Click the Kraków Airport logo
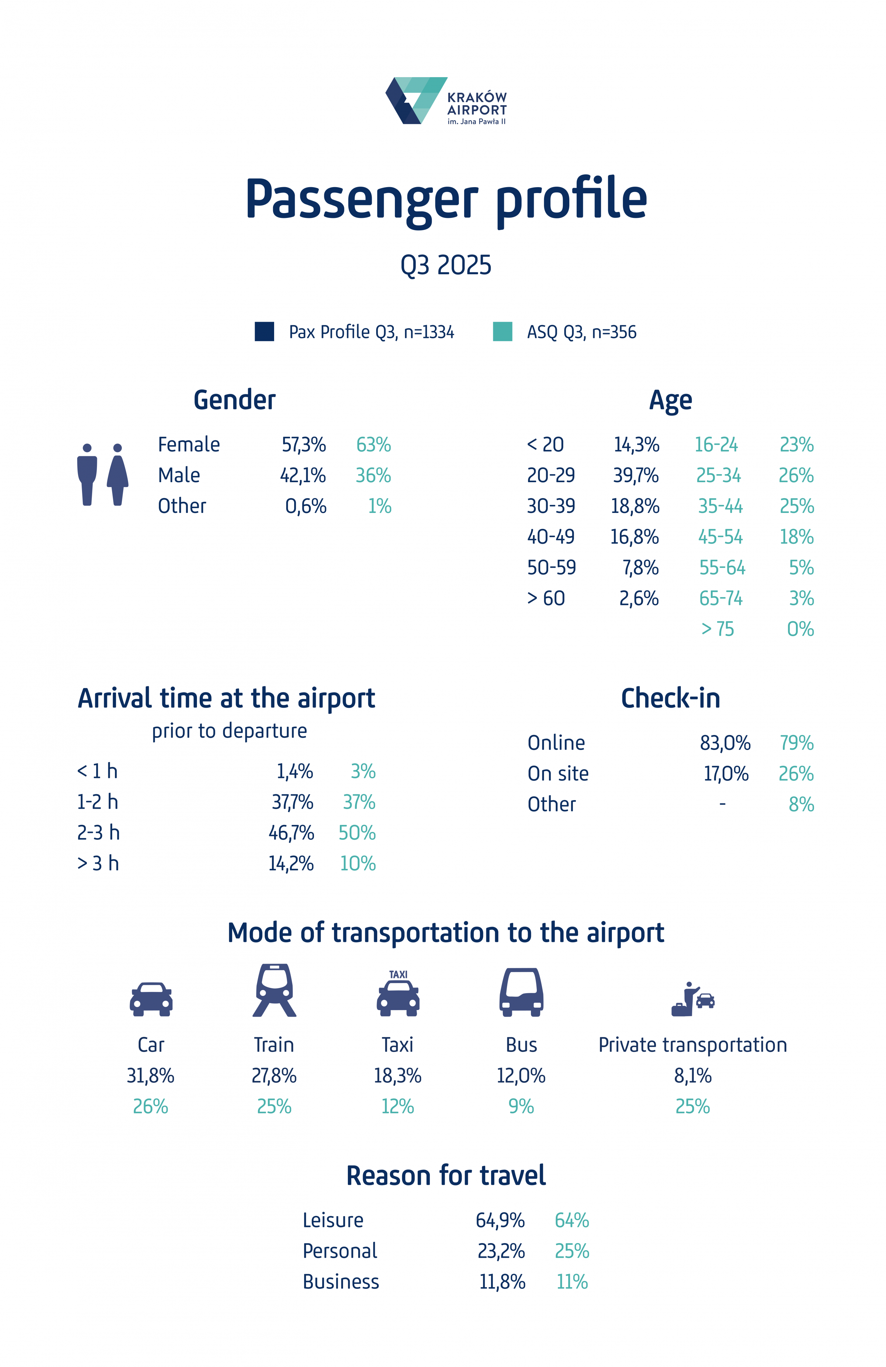coord(445,101)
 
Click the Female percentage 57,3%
coord(304,444)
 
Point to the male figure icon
coord(87,475)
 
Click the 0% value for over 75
coord(800,629)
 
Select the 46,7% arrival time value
coord(291,833)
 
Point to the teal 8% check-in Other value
coord(801,805)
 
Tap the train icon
coord(274,991)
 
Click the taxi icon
coord(398,994)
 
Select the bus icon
coord(521,992)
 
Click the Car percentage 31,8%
coord(151,1076)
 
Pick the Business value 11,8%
coord(502,1282)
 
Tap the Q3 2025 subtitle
coord(446,265)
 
